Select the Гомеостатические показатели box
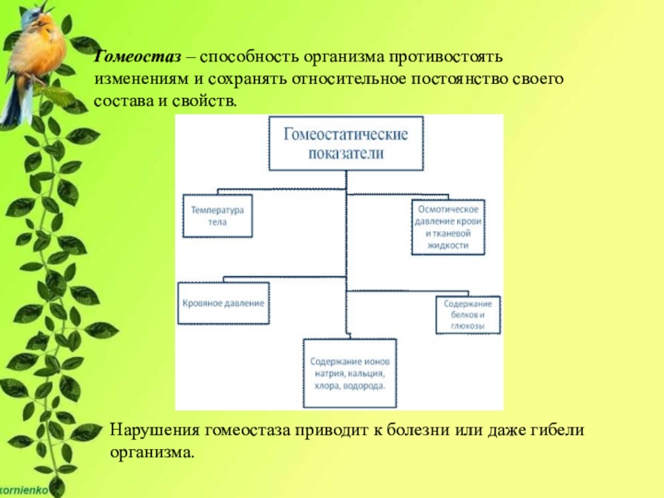click(346, 143)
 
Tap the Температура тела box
click(218, 216)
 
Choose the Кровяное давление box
click(223, 304)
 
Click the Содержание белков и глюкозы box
click(469, 315)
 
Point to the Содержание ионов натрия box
click(349, 374)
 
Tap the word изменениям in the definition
click(139, 81)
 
